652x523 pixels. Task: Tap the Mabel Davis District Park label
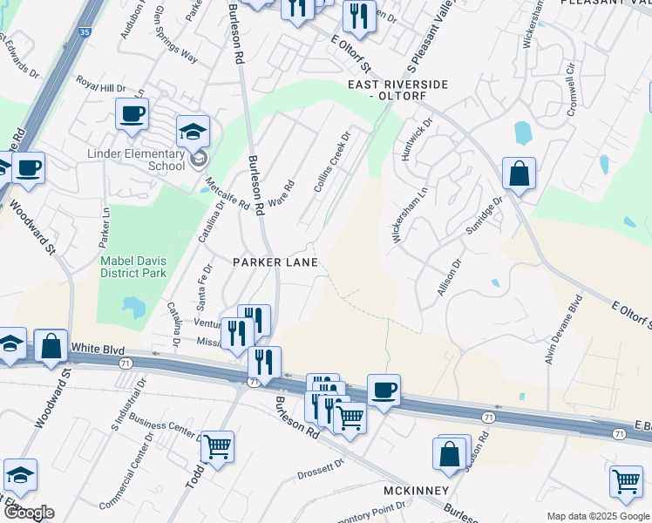coord(132,266)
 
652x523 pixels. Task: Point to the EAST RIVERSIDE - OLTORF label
coord(397,90)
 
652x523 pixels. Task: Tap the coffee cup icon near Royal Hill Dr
coord(132,114)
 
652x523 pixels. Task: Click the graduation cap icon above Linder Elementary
coord(193,132)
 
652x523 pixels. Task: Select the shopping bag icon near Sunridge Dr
coord(519,173)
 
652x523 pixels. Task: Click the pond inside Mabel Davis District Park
coord(134,307)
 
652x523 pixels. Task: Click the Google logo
coord(29,513)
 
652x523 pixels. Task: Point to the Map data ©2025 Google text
coord(597,516)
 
